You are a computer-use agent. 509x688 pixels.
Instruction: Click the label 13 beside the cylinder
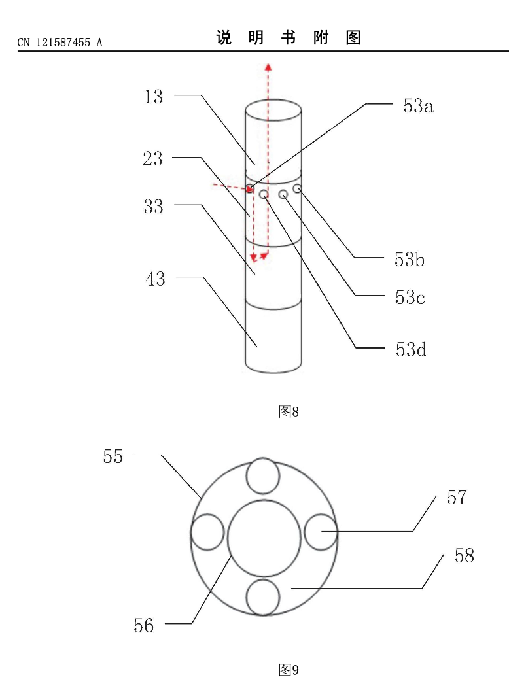pos(154,97)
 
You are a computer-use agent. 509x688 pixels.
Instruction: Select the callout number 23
pos(152,158)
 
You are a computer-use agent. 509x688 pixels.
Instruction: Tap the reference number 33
pos(153,207)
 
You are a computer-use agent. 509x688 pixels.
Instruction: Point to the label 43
pos(155,279)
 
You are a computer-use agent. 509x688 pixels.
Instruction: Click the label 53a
pos(418,107)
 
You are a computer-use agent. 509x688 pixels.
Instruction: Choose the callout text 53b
pos(410,260)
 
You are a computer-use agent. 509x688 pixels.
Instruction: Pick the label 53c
pos(410,298)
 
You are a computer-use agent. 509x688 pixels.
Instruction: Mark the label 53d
pos(411,349)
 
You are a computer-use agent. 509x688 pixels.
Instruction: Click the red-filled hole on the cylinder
pos(250,189)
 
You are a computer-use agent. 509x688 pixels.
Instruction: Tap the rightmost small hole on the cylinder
pos(298,188)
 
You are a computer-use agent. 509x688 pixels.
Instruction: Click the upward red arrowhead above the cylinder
pos(268,65)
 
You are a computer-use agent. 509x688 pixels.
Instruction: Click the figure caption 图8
pos(288,411)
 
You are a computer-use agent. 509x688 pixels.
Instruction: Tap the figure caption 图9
pos(288,670)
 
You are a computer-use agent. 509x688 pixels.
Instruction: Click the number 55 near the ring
pos(113,456)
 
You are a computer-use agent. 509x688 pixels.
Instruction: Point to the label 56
pos(144,626)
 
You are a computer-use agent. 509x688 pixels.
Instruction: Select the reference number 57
pos(457,498)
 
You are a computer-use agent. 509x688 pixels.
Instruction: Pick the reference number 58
pos(464,556)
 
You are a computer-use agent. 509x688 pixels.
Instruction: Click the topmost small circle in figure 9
pos(263,475)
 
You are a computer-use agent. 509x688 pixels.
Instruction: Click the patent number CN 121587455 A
pos(60,43)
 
